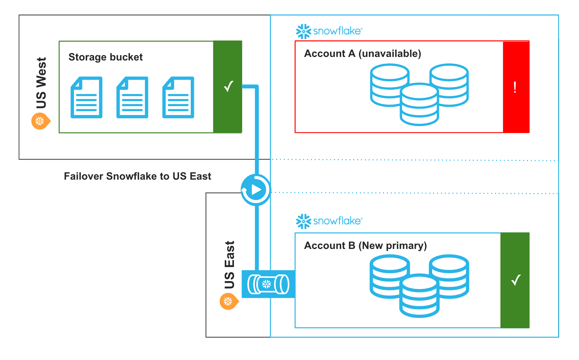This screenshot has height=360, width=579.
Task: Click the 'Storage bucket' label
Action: click(105, 57)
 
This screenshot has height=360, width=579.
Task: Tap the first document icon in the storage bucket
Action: click(87, 97)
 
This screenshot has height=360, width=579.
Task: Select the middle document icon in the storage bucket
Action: click(132, 97)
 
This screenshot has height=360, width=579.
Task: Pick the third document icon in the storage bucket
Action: click(178, 97)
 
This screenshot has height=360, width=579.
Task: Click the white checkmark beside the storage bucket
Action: click(229, 86)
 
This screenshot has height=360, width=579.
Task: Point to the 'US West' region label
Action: click(41, 83)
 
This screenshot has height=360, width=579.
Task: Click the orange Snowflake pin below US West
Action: click(40, 121)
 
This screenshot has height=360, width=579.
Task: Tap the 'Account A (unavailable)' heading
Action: click(362, 53)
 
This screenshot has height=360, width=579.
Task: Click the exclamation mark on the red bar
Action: click(515, 87)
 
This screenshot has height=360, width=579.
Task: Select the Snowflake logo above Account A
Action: click(329, 31)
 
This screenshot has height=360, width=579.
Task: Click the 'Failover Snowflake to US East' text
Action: click(137, 176)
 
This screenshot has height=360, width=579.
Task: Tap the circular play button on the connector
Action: click(256, 190)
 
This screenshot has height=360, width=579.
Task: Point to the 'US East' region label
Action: click(229, 265)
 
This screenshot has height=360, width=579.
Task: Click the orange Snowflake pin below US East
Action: click(229, 302)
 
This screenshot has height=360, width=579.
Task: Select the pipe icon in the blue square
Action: click(268, 284)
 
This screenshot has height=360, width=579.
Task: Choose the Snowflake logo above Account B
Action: click(329, 221)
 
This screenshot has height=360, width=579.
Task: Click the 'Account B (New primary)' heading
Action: click(365, 245)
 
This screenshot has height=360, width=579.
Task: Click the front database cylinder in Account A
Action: click(419, 105)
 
